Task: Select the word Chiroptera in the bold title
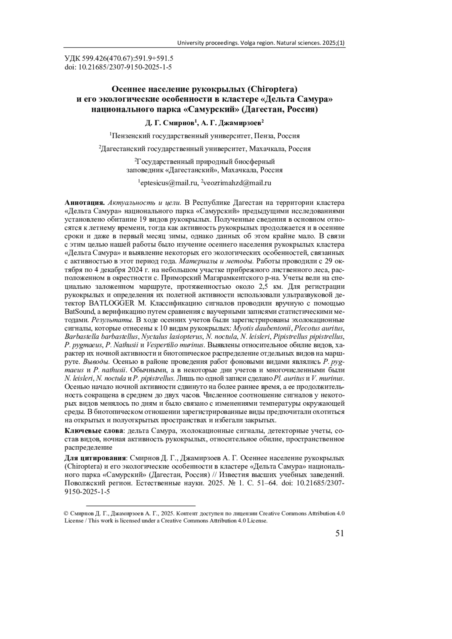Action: point(271,90)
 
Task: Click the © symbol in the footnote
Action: point(66,513)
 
